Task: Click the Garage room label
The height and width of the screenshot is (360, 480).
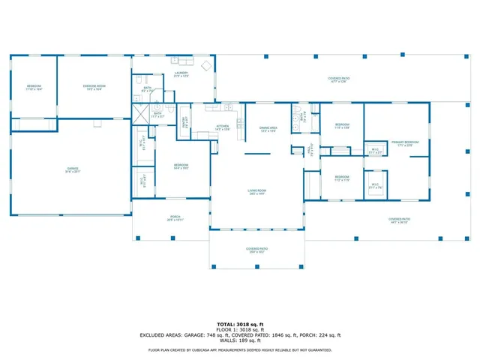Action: (x=73, y=169)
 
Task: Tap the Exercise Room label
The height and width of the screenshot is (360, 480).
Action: (x=94, y=88)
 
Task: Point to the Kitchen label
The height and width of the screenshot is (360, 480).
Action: (x=222, y=127)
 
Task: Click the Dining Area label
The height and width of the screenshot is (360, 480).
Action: (x=268, y=128)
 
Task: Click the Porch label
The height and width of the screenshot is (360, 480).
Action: (x=174, y=219)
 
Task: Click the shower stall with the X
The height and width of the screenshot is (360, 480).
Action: (x=139, y=115)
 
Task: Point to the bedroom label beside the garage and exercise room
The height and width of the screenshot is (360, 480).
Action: (x=34, y=88)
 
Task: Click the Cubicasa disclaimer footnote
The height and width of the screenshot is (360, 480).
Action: (x=240, y=349)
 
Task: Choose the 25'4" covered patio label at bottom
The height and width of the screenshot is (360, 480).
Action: (x=257, y=250)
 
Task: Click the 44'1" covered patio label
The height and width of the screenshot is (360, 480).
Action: (x=398, y=220)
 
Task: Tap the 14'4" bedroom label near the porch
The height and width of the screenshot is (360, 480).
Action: (x=181, y=166)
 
